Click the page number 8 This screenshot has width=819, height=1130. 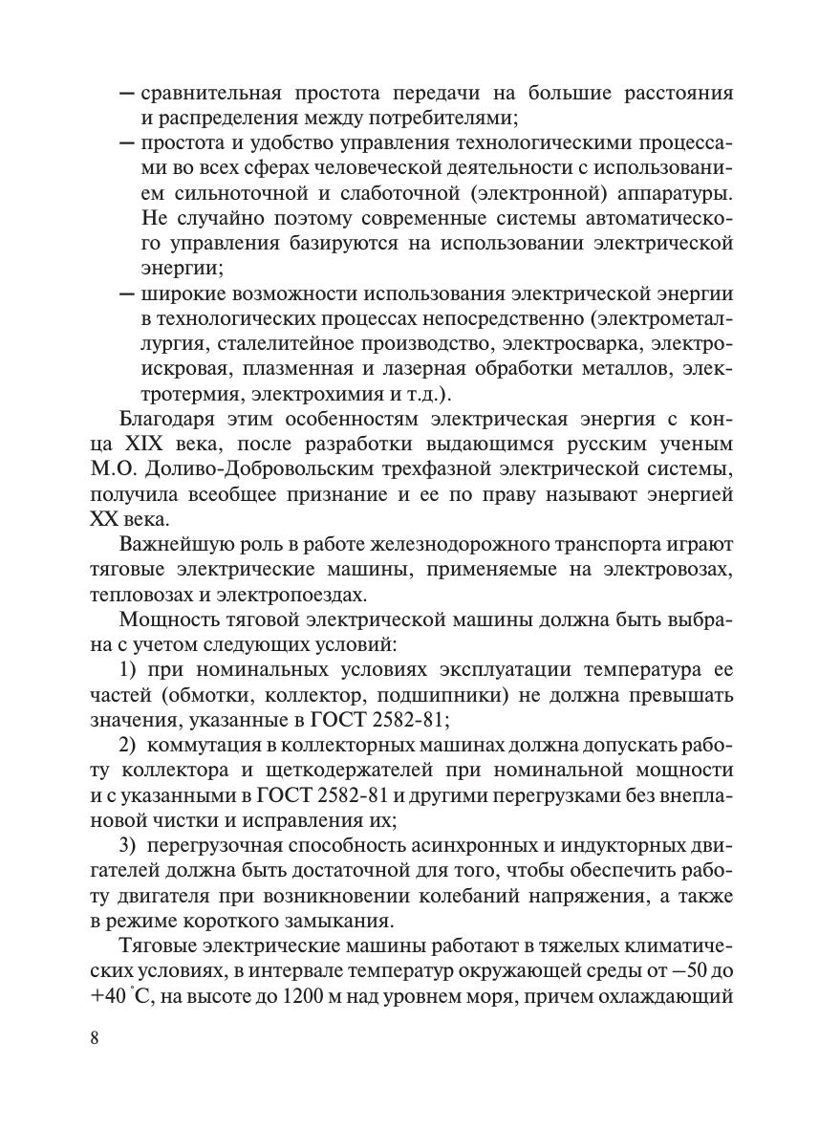tap(94, 1039)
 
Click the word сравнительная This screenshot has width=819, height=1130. tap(210, 94)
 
